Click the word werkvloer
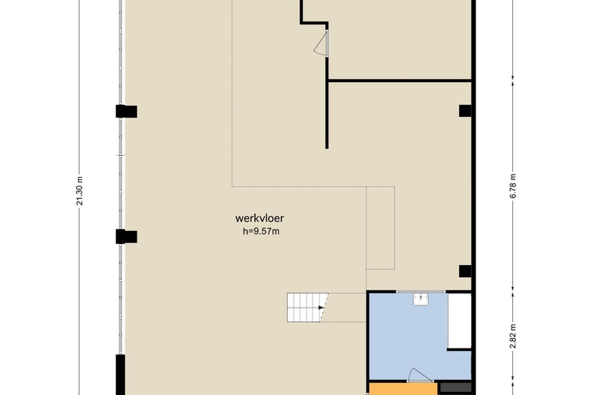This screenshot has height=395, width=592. [x=260, y=218]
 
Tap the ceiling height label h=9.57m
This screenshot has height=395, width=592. [x=261, y=232]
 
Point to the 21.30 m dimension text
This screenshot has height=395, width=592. [x=79, y=191]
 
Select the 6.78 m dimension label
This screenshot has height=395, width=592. [x=512, y=186]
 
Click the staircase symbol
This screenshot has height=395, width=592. [x=307, y=308]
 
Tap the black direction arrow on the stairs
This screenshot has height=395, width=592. [x=321, y=308]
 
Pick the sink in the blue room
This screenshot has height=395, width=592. [x=420, y=299]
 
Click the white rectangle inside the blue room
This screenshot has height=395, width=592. [x=459, y=321]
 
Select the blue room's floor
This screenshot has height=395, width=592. [x=408, y=337]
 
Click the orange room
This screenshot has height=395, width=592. [x=403, y=389]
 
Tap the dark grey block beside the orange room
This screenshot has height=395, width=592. [x=456, y=388]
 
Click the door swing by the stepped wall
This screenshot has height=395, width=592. [x=320, y=44]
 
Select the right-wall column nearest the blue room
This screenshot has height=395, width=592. [x=465, y=271]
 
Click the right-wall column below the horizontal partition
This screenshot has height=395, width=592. [x=465, y=111]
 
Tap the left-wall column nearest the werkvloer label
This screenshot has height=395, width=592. [x=127, y=237]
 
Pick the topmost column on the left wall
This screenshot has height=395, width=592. [x=127, y=112]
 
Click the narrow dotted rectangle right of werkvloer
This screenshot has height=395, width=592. [x=380, y=228]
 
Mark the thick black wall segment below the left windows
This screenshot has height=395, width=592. [x=121, y=374]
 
